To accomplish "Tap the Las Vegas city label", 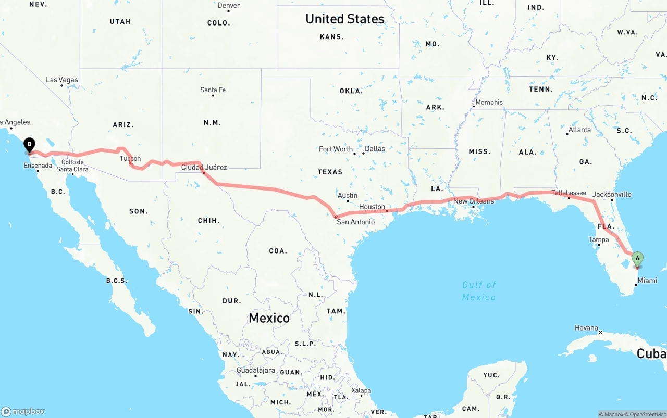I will click(61, 80).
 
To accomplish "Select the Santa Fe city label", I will click(213, 90).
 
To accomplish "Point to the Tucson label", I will click(130, 159).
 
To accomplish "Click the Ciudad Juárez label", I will click(204, 167).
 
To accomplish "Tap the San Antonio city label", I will click(355, 222).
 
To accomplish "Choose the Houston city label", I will click(372, 207).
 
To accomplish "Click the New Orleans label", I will click(474, 201).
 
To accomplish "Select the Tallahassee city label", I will click(569, 193).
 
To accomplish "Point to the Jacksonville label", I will click(612, 194).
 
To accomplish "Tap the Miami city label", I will click(647, 281).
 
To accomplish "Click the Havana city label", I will click(586, 328).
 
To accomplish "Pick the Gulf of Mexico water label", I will click(479, 291).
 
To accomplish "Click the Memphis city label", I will click(489, 102).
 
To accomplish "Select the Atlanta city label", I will click(579, 130).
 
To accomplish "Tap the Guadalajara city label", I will click(255, 371).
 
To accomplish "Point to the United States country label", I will click(345, 19).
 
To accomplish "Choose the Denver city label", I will click(229, 5).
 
